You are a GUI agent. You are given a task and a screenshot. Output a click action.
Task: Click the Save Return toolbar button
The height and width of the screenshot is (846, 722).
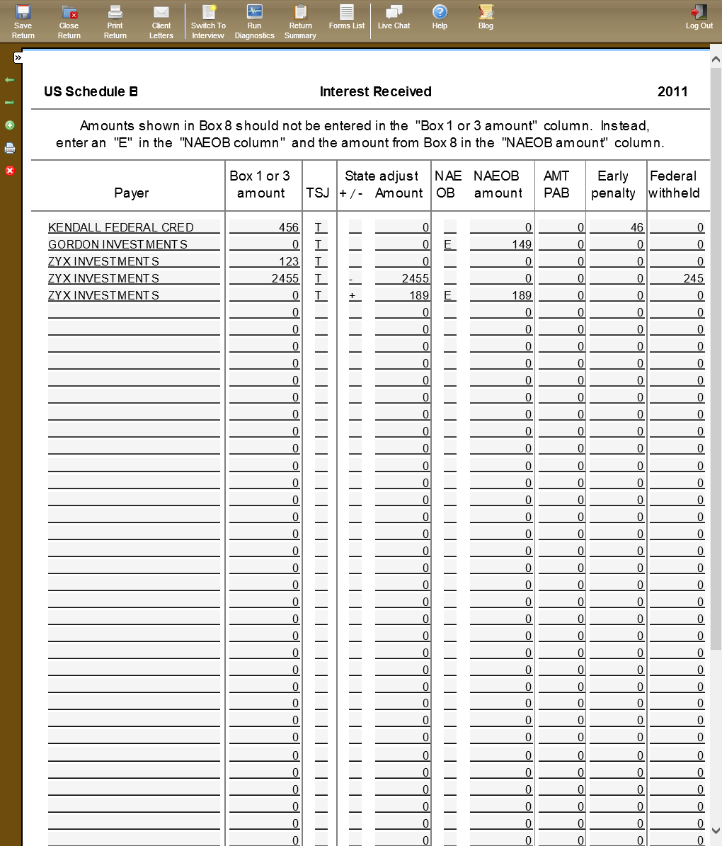(x=23, y=21)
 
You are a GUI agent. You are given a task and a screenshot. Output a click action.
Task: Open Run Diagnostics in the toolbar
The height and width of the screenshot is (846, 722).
(x=254, y=21)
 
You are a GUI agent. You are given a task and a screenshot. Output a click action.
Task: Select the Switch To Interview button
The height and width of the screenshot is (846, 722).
(x=208, y=21)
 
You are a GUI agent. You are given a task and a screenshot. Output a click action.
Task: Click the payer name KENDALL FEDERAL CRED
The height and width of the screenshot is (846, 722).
(x=121, y=227)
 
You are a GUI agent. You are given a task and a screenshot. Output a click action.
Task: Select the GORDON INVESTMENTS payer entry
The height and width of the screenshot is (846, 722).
(x=118, y=244)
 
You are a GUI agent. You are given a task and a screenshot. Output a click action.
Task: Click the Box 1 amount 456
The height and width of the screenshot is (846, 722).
(x=289, y=227)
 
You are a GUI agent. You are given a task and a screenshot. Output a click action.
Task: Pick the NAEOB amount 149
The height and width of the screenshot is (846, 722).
(x=522, y=244)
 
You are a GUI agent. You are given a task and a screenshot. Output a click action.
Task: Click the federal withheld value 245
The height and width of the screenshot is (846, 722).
(x=693, y=278)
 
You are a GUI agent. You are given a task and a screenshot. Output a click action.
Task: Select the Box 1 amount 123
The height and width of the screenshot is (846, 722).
(x=289, y=261)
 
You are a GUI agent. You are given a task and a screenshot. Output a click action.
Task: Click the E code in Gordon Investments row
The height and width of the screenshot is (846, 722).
(x=448, y=244)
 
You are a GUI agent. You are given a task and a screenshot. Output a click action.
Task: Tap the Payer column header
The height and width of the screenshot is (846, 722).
(x=132, y=193)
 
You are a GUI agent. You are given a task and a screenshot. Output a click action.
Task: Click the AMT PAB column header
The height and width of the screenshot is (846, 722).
(x=556, y=184)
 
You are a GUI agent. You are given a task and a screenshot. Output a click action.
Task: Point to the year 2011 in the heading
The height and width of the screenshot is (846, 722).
(x=672, y=91)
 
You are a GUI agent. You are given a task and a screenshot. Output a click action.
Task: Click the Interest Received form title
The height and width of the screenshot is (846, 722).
(x=375, y=91)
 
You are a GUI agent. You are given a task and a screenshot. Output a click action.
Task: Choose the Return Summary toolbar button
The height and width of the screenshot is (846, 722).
(x=300, y=21)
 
